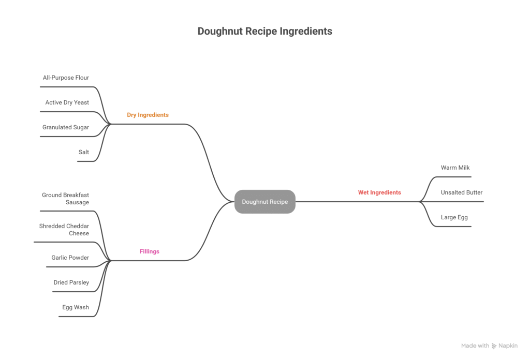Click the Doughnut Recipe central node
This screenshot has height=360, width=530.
pyautogui.click(x=264, y=202)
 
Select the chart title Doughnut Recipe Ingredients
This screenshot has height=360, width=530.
pyautogui.click(x=264, y=31)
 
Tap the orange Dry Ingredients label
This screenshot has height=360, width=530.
pyautogui.click(x=148, y=115)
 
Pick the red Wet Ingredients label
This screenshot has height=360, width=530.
pyautogui.click(x=379, y=192)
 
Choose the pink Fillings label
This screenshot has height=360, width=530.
pyautogui.click(x=150, y=251)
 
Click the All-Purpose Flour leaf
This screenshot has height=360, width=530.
pyautogui.click(x=66, y=78)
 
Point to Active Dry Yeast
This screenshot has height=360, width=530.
pyautogui.click(x=67, y=102)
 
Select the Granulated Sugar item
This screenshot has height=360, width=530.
pyautogui.click(x=66, y=127)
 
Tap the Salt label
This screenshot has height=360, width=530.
pyautogui.click(x=83, y=152)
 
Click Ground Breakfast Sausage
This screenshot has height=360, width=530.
pyautogui.click(x=65, y=199)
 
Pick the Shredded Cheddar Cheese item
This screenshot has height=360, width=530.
pyautogui.click(x=64, y=230)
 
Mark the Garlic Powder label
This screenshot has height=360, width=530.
pyautogui.click(x=70, y=258)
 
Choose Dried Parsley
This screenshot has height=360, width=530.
pyautogui.click(x=71, y=282)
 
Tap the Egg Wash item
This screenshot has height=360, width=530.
pyautogui.click(x=76, y=307)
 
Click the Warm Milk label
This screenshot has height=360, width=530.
pyautogui.click(x=455, y=168)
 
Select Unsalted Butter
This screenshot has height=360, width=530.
pyautogui.click(x=461, y=192)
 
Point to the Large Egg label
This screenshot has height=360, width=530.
pyautogui.click(x=454, y=217)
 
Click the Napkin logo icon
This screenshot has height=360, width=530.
pyautogui.click(x=494, y=346)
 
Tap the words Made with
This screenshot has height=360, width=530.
pyautogui.click(x=475, y=346)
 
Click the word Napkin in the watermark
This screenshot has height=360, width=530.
pyautogui.click(x=508, y=346)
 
